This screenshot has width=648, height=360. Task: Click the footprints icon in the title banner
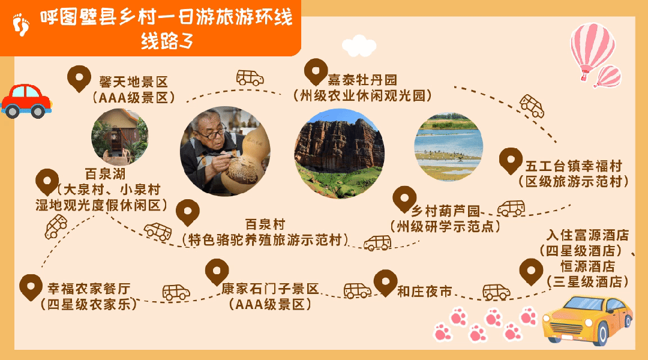point(21,25)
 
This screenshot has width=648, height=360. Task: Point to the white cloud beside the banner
point(358,46)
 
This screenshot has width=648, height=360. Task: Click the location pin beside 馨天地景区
point(77,79)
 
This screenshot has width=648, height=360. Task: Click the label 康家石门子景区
point(270,289)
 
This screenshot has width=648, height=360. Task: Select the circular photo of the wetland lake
point(448,147)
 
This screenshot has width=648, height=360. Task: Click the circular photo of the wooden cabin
point(119,137)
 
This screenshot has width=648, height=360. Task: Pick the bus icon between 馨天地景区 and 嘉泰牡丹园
point(250,77)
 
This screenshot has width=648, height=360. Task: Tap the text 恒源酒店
point(587,266)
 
